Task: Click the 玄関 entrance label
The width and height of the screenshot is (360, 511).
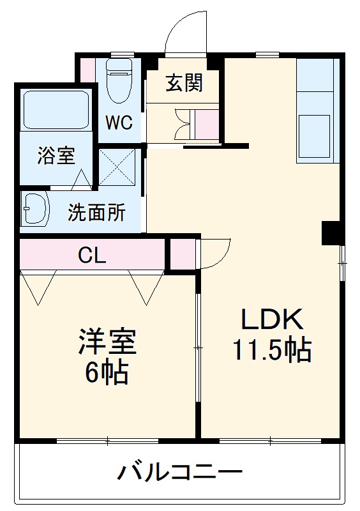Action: click(x=184, y=83)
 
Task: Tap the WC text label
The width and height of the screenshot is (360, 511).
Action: click(x=119, y=122)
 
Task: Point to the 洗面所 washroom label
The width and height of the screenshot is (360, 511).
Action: click(x=96, y=213)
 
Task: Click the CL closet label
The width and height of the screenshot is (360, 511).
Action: click(x=92, y=255)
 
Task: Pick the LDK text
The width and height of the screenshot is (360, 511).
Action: click(x=270, y=320)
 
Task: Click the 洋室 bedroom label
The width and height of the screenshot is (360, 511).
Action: click(x=107, y=342)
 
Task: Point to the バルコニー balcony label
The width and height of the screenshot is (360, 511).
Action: click(x=180, y=473)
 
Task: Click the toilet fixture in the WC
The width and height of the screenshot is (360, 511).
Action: click(x=119, y=80)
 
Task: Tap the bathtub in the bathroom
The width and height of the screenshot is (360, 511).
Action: click(x=56, y=110)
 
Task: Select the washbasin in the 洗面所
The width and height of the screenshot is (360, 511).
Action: click(x=34, y=209)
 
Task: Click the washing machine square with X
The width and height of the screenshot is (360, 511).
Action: click(x=117, y=167)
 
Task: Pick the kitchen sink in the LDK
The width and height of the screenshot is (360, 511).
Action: click(x=315, y=132)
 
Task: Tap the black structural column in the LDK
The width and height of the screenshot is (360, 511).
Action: click(x=331, y=233)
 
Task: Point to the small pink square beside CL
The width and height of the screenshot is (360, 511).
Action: click(x=183, y=254)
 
